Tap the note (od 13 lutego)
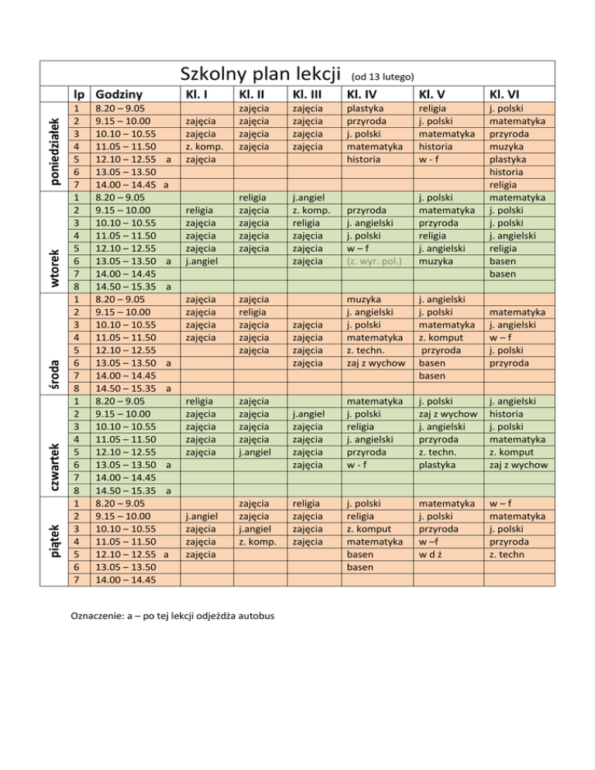pyautogui.click(x=384, y=76)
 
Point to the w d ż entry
pyautogui.click(x=432, y=555)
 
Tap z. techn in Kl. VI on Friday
pyautogui.click(x=505, y=555)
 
